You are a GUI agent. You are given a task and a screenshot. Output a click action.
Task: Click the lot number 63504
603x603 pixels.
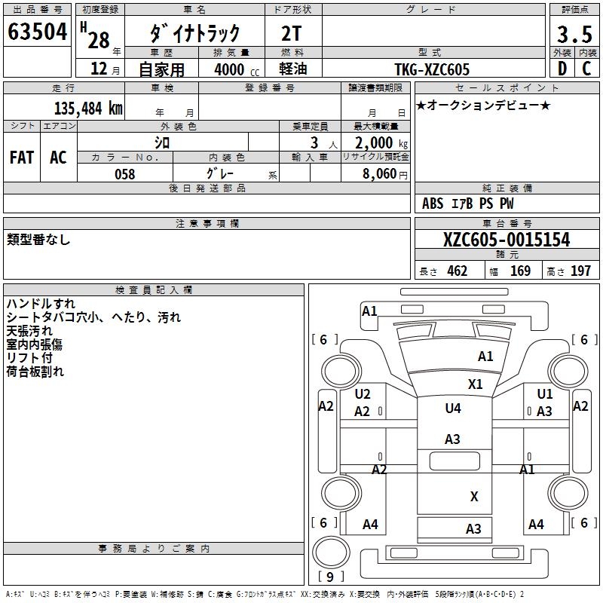tap(37, 32)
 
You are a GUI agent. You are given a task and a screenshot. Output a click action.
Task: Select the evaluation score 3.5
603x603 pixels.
tap(574, 35)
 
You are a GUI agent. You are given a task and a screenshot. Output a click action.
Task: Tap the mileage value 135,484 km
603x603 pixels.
tap(88, 108)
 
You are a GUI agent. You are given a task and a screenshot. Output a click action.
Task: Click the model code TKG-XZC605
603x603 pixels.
tap(432, 69)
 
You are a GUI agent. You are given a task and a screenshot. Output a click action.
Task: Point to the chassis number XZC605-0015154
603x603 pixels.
tap(507, 240)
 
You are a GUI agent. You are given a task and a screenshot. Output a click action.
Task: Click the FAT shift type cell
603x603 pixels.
tap(22, 158)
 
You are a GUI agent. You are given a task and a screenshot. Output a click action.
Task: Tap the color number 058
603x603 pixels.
tap(124, 174)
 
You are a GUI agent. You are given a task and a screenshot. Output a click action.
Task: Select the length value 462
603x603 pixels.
tap(457, 271)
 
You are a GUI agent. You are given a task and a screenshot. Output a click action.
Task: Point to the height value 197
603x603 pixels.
tap(580, 271)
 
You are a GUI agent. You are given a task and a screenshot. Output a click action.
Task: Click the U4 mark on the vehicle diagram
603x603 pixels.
tap(452, 409)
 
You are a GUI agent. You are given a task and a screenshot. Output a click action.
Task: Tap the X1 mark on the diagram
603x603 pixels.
tap(475, 384)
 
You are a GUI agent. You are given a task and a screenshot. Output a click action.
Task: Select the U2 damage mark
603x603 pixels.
tap(363, 394)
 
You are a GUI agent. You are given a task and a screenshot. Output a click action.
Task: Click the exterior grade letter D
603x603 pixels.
tap(561, 69)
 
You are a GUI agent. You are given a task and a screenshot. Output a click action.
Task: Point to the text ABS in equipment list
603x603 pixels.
tap(433, 204)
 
